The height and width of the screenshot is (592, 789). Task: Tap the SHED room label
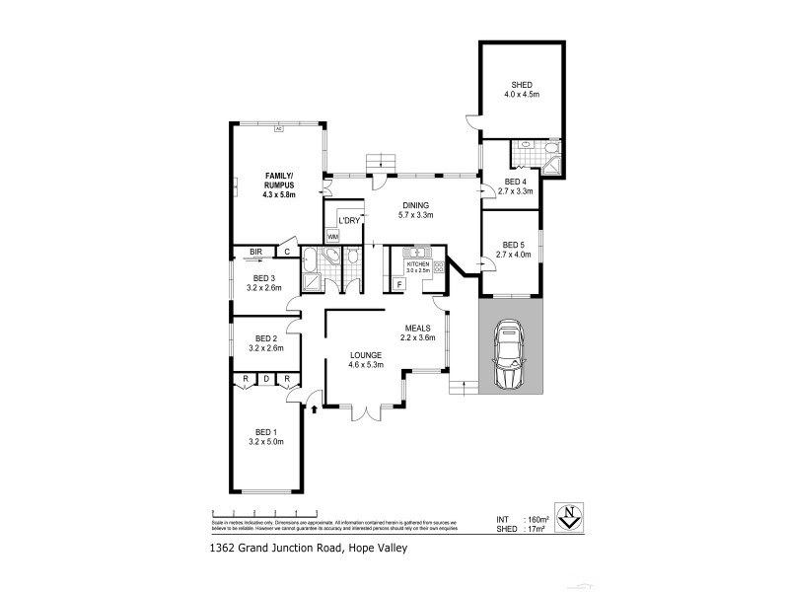pos(522,84)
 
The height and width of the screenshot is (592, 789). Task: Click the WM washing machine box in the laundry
pos(332,237)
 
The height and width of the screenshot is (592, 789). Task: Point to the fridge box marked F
pos(399,284)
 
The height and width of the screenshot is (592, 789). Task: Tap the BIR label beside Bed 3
pos(255,252)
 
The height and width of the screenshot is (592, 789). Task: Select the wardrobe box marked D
pos(265,379)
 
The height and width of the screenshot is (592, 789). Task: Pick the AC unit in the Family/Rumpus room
pos(278,128)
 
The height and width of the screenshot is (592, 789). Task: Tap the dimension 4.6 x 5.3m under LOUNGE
pos(364,365)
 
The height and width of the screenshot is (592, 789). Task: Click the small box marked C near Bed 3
pos(287,252)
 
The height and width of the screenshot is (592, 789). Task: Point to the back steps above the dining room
pos(380,162)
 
